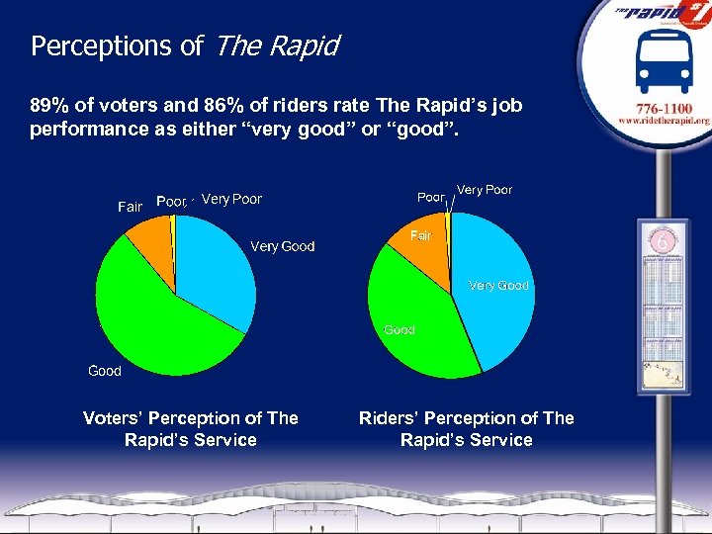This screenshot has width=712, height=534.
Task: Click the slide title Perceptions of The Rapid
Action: pyautogui.click(x=185, y=45)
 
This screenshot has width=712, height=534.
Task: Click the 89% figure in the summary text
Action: pyautogui.click(x=50, y=105)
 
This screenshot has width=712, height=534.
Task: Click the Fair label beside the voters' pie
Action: pyautogui.click(x=130, y=207)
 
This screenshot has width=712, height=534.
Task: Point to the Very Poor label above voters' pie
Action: pyautogui.click(x=231, y=199)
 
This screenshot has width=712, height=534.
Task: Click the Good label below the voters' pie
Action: pyautogui.click(x=105, y=371)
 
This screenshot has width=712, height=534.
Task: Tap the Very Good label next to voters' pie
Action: pyautogui.click(x=282, y=246)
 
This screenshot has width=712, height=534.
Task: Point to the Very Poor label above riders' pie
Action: pyautogui.click(x=485, y=189)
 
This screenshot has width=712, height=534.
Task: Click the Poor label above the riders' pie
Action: pyautogui.click(x=430, y=197)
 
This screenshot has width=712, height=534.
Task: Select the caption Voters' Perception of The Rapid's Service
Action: pyautogui.click(x=190, y=429)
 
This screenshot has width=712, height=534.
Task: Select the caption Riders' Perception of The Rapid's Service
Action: pyautogui.click(x=466, y=429)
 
